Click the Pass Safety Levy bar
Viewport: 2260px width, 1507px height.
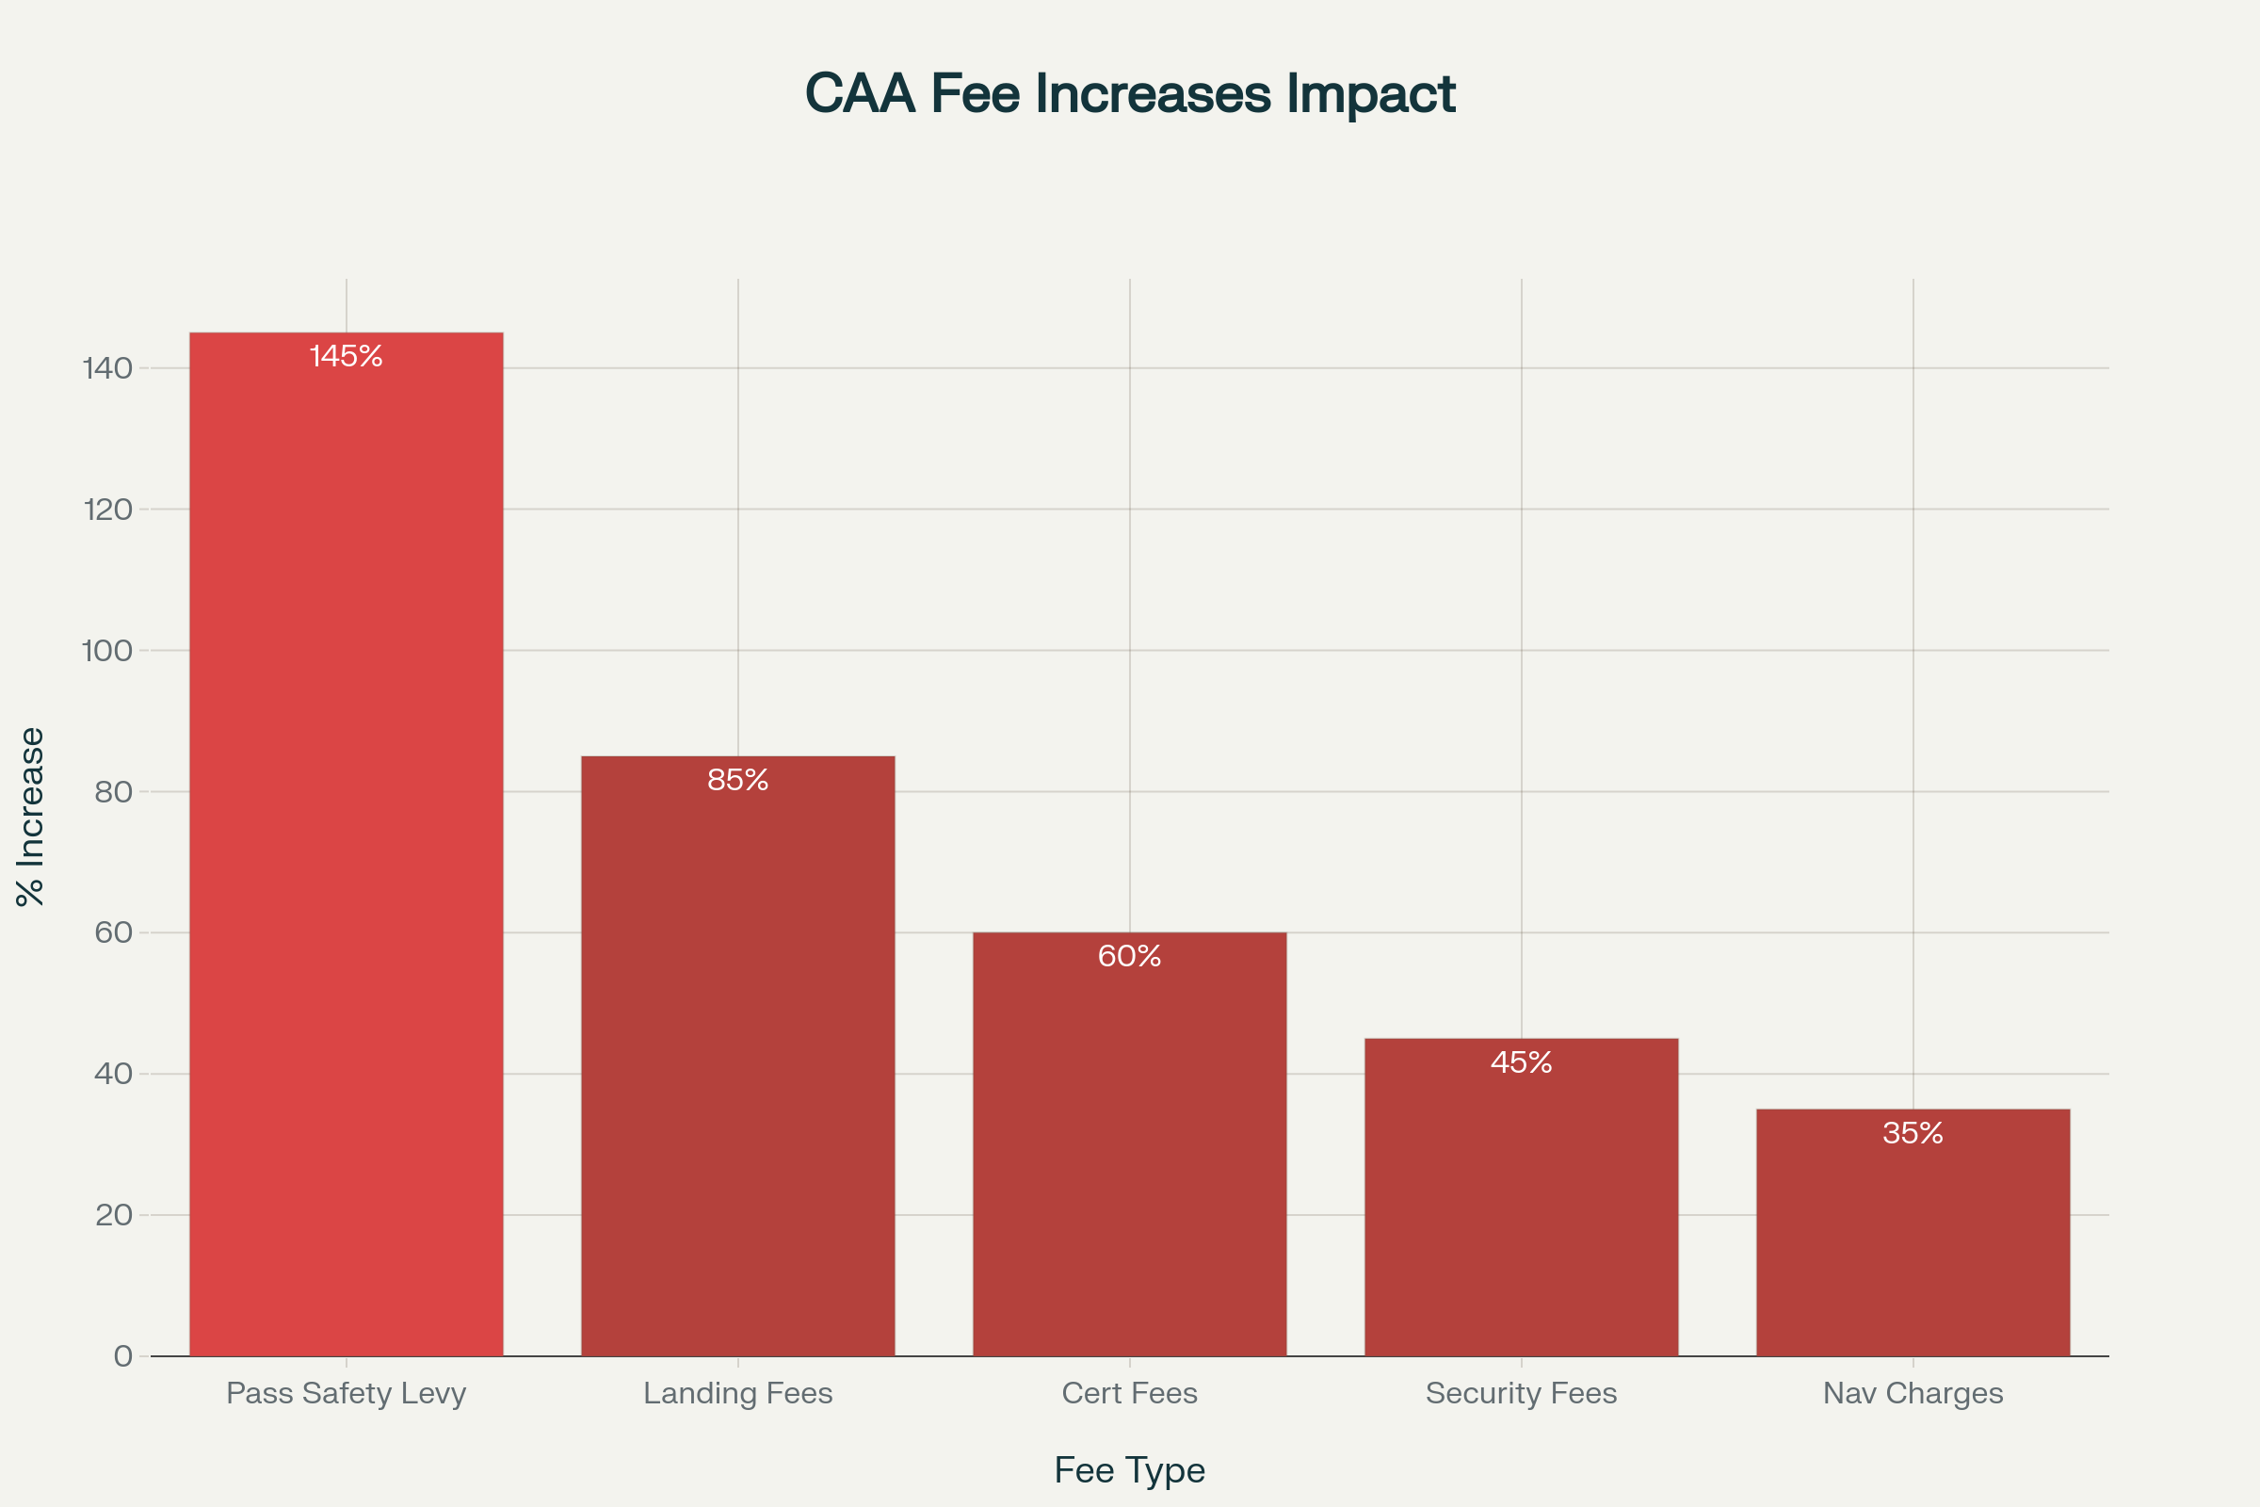tap(346, 846)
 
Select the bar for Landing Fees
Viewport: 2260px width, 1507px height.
tap(738, 1057)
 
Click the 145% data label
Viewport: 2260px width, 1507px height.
tap(346, 357)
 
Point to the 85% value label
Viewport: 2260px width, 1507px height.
tap(738, 780)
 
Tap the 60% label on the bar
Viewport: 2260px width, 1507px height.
tap(1129, 956)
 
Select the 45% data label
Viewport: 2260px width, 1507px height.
tap(1521, 1062)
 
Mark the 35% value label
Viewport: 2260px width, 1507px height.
tap(1913, 1133)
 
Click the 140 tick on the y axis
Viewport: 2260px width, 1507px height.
tap(107, 368)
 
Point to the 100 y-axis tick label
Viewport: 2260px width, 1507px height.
tap(107, 651)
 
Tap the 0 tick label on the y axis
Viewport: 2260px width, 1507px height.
tap(123, 1356)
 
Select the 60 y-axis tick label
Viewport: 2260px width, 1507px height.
tap(113, 932)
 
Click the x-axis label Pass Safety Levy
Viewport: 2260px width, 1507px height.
tap(346, 1393)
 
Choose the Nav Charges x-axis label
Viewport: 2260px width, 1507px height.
tap(1913, 1393)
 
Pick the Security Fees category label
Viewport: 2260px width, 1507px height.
tap(1521, 1393)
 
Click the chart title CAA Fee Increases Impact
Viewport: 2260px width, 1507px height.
tap(1130, 94)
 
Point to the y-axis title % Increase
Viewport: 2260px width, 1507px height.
tap(31, 817)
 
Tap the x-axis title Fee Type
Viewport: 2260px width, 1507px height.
tap(1129, 1469)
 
